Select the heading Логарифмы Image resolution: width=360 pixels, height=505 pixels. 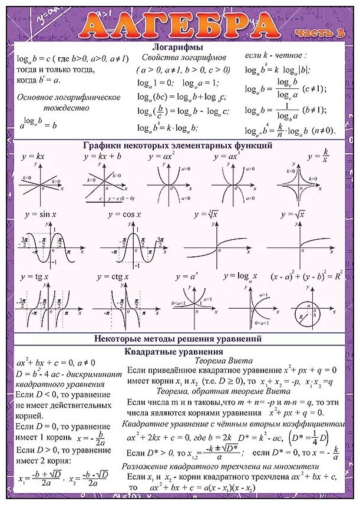pos(177,47)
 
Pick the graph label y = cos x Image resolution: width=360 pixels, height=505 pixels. pos(124,215)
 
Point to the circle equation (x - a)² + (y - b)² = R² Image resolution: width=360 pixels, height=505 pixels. pos(306,276)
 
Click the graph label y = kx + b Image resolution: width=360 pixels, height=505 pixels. pos(103,156)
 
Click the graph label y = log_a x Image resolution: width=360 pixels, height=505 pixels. pos(237,276)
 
